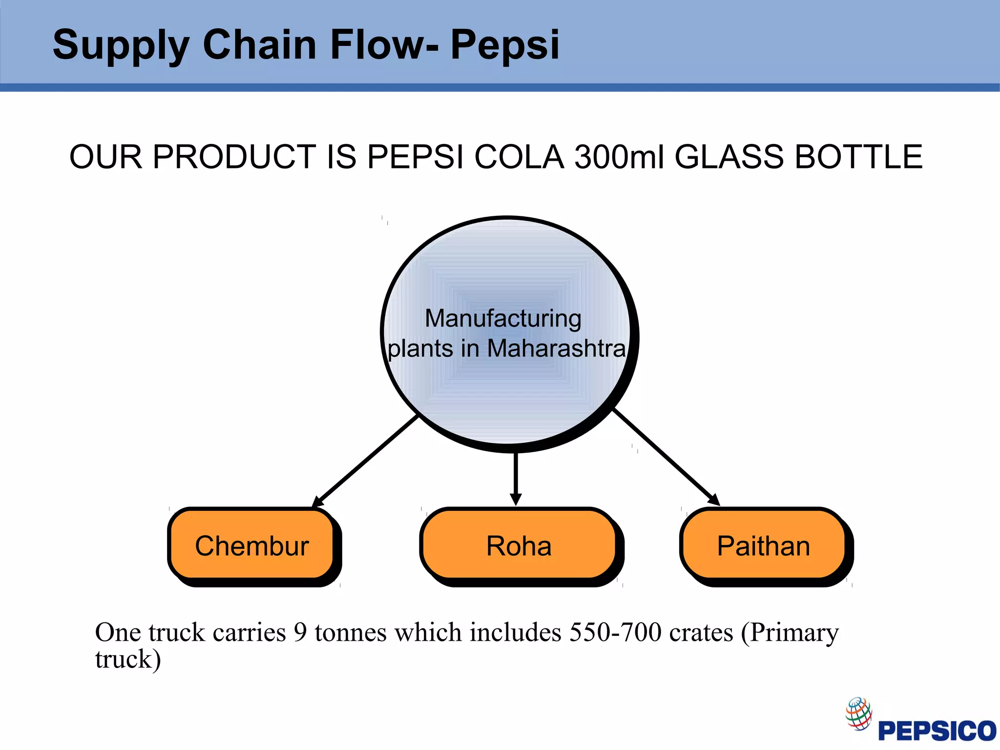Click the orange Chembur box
click(x=252, y=545)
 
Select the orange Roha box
click(x=519, y=545)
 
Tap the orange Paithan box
click(x=763, y=545)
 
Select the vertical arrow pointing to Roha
click(x=516, y=479)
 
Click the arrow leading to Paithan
click(x=666, y=457)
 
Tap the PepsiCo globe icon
click(x=859, y=713)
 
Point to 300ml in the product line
click(x=619, y=157)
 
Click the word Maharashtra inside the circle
click(x=556, y=349)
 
